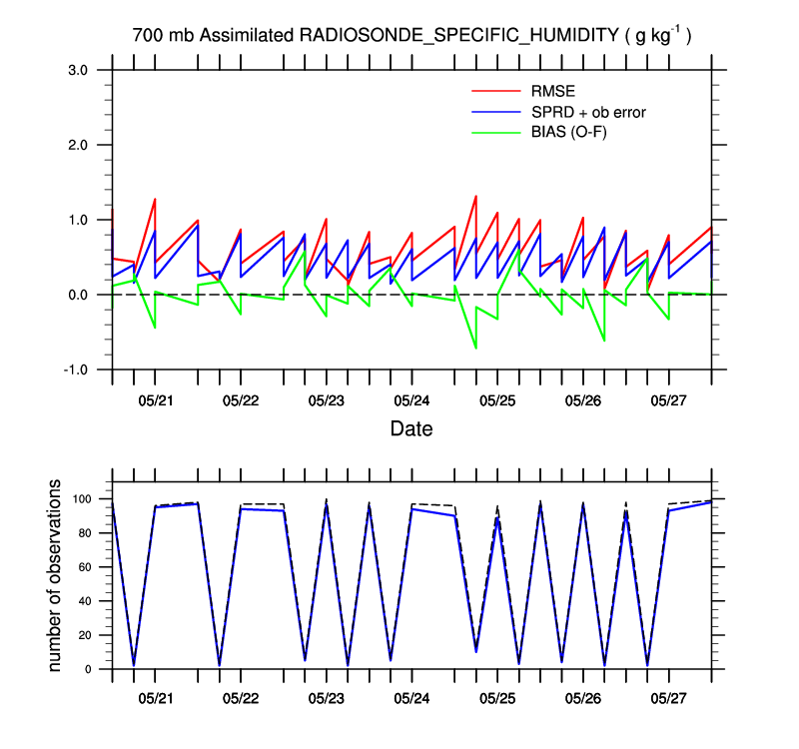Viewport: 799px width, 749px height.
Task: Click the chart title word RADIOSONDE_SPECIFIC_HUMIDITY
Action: [459, 35]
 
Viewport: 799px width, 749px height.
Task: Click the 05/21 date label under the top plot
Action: [155, 400]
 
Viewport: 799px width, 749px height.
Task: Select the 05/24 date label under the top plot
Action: [411, 400]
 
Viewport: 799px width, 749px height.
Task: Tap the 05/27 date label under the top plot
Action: [668, 400]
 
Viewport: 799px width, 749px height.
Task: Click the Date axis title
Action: [411, 430]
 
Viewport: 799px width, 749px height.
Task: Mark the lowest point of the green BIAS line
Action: [475, 348]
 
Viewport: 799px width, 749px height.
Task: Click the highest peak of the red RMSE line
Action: [475, 196]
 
